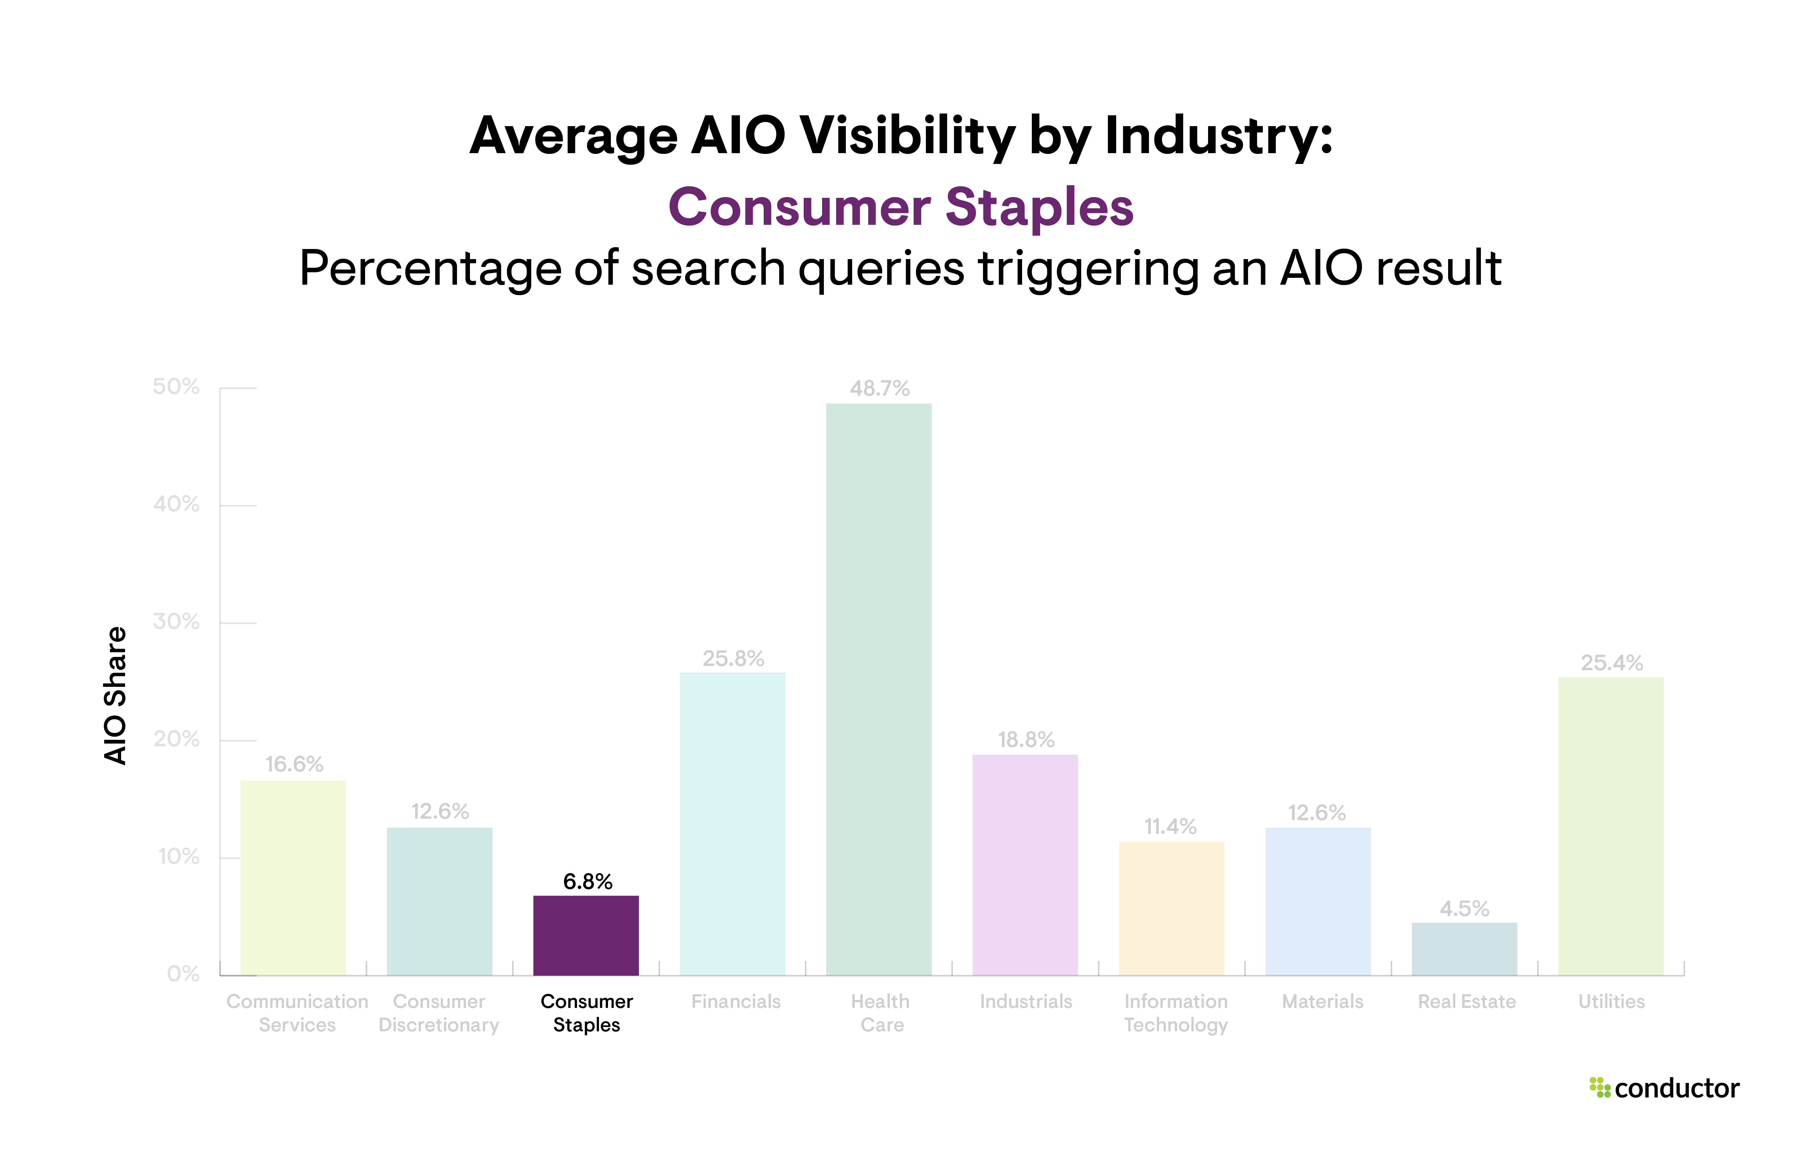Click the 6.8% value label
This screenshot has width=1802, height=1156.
(x=588, y=881)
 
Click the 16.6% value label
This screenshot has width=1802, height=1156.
(x=294, y=764)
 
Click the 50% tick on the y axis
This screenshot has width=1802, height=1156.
(x=176, y=387)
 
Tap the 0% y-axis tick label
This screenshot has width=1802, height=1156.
(x=183, y=974)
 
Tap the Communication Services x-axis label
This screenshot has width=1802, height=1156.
(x=297, y=1013)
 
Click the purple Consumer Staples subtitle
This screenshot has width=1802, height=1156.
(x=901, y=207)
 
